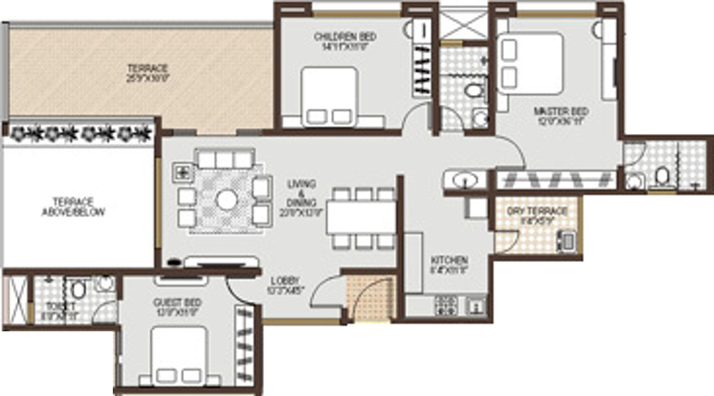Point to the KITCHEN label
[x=449, y=260]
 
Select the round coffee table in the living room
[x=226, y=199]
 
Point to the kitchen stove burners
[x=447, y=305]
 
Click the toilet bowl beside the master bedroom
[x=662, y=176]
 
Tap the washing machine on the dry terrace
[x=567, y=241]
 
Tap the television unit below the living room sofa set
[x=217, y=263]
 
